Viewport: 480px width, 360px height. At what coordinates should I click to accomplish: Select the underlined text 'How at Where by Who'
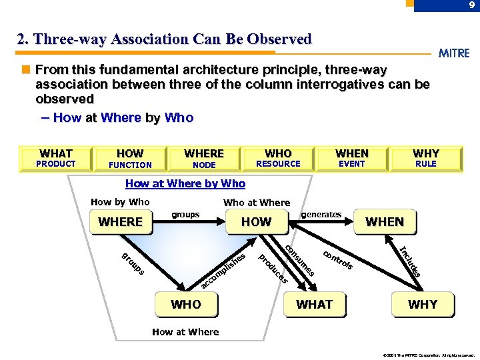click(x=185, y=183)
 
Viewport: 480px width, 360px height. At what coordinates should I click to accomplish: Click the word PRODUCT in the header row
click(x=56, y=164)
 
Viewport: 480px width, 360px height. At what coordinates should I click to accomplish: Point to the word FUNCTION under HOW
click(x=130, y=165)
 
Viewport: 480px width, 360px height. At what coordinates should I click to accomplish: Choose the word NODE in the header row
click(x=204, y=165)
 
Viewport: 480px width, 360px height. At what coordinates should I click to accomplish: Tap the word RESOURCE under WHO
click(x=278, y=164)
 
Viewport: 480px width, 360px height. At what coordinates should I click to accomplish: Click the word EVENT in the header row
click(x=352, y=164)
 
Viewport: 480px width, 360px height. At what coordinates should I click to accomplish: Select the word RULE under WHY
click(x=425, y=164)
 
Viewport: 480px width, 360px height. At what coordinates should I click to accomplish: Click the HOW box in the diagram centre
click(x=257, y=222)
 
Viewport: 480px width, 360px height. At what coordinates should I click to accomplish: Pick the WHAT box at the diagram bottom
click(x=314, y=305)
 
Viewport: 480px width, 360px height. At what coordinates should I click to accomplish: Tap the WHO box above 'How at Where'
click(x=186, y=305)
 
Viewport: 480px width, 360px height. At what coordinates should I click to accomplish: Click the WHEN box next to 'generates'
click(x=385, y=222)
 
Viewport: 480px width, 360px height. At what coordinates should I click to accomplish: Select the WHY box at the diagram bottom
click(x=423, y=305)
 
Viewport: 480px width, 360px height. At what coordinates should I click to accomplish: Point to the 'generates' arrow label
click(x=321, y=214)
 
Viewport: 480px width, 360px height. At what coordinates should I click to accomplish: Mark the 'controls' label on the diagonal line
click(x=338, y=261)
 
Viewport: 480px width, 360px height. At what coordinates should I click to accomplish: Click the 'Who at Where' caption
click(x=257, y=203)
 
